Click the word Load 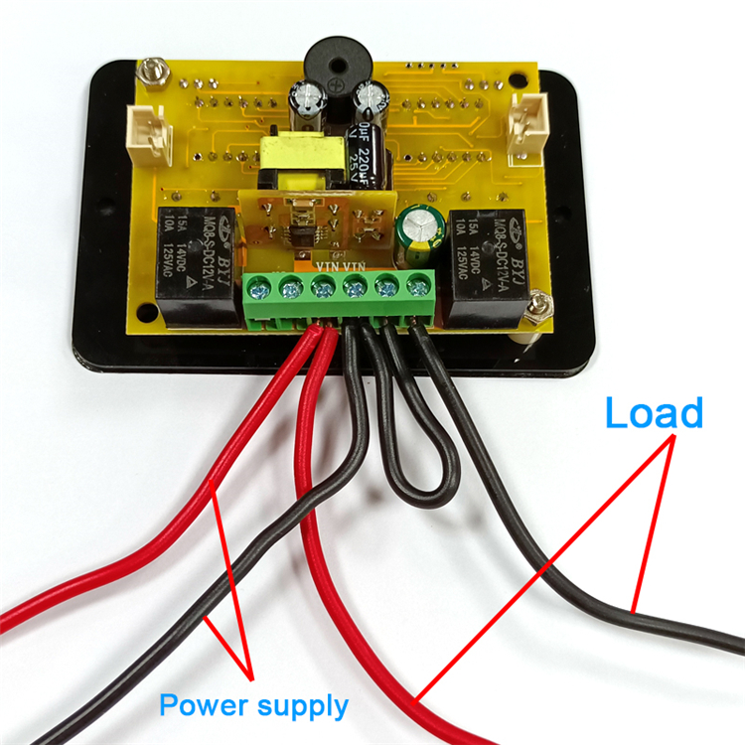654,412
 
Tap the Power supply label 254,706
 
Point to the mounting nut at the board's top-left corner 150,72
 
